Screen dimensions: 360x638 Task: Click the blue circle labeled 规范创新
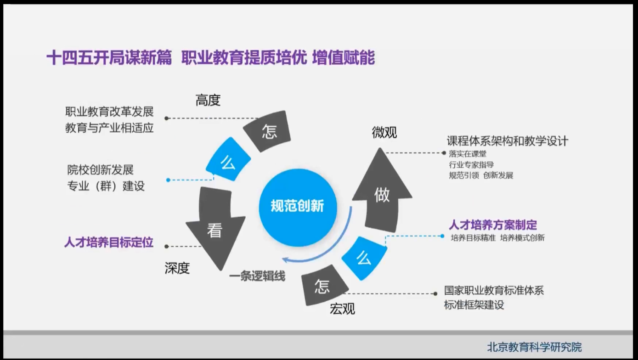(x=298, y=206)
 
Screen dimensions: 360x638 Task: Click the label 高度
(x=208, y=100)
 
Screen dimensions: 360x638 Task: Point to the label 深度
(x=177, y=268)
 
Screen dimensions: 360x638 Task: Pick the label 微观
(x=384, y=133)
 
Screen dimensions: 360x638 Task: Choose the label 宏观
(x=342, y=309)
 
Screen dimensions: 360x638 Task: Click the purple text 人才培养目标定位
(x=108, y=242)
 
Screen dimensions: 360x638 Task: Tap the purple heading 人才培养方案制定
(x=492, y=225)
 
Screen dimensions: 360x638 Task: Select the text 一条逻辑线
(x=257, y=276)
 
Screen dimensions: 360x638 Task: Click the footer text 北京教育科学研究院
(x=534, y=347)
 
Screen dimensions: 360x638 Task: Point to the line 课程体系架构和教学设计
(x=508, y=141)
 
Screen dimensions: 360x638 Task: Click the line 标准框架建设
(x=474, y=304)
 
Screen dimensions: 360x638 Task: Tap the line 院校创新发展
(x=100, y=170)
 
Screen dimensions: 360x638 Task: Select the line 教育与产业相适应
(x=109, y=128)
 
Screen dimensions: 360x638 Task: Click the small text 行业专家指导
(x=471, y=164)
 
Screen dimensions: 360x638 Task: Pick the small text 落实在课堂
(x=467, y=154)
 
